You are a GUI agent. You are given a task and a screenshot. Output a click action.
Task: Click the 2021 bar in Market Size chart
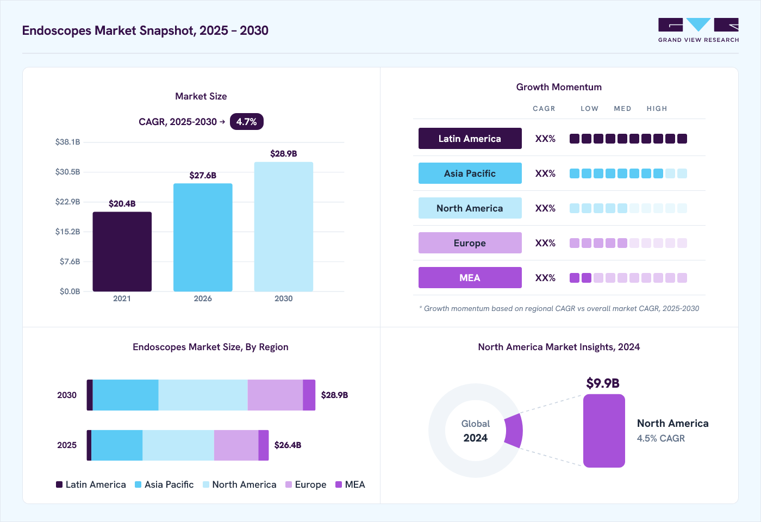click(x=122, y=251)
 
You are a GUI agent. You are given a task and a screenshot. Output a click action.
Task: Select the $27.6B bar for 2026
click(x=203, y=237)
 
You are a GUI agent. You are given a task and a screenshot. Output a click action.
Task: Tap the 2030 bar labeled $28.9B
click(x=284, y=227)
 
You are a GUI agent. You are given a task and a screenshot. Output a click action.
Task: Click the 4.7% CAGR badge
click(x=247, y=122)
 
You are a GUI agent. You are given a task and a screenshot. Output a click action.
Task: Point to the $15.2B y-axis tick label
click(x=68, y=232)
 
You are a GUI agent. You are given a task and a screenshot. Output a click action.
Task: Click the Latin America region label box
click(x=470, y=138)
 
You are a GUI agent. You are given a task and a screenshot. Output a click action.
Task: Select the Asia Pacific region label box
click(x=470, y=173)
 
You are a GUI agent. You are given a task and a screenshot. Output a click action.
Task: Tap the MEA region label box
click(x=470, y=278)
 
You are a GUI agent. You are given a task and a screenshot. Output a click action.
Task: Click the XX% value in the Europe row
click(x=545, y=243)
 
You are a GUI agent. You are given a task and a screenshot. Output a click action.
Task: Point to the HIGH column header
click(x=657, y=108)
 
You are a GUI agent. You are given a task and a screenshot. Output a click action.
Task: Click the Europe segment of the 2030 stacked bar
click(x=275, y=395)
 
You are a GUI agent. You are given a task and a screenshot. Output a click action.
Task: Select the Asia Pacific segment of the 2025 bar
click(x=117, y=445)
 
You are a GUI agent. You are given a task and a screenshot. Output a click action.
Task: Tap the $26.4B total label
click(x=288, y=445)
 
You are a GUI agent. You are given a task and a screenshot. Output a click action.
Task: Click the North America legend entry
click(x=240, y=484)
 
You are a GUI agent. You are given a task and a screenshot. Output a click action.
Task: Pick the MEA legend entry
click(x=350, y=484)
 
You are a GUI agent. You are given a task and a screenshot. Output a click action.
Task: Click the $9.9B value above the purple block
click(x=603, y=383)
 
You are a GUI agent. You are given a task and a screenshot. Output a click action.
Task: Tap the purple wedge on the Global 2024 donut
click(x=514, y=431)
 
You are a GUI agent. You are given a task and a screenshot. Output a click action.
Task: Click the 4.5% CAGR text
click(x=661, y=438)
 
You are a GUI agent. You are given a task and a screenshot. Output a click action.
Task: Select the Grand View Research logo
click(x=698, y=30)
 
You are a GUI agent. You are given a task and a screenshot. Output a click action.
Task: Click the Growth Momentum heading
click(x=559, y=87)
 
